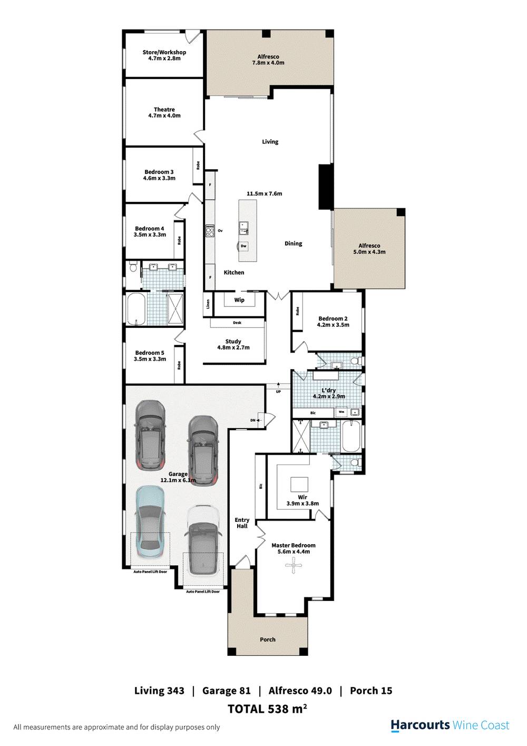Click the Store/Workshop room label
(x=164, y=52)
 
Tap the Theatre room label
(x=164, y=110)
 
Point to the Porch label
(x=268, y=640)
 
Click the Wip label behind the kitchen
(x=239, y=300)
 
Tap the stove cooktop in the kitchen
(x=210, y=230)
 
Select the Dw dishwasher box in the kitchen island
(x=243, y=246)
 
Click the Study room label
(x=233, y=342)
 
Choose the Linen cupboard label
(x=209, y=305)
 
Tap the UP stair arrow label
(x=278, y=392)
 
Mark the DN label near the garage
(x=253, y=420)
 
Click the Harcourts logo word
(x=420, y=725)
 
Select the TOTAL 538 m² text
(x=267, y=709)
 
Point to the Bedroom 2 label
(x=333, y=318)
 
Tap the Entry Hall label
(x=242, y=523)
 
